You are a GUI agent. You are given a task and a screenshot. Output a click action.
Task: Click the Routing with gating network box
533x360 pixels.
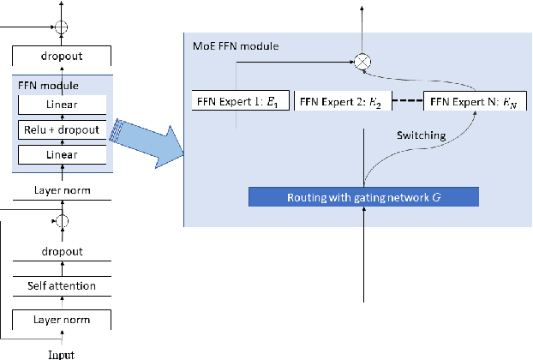coord(363,196)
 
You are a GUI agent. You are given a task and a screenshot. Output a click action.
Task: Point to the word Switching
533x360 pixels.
coord(421,135)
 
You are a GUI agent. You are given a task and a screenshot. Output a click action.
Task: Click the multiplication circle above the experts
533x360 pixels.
coord(362,61)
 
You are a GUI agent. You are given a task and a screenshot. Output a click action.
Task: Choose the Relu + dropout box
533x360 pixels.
coord(61,130)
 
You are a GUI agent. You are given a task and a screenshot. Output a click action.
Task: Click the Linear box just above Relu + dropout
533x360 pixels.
coord(61,105)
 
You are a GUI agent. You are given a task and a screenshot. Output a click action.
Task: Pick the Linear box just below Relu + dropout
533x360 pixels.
coord(61,155)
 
